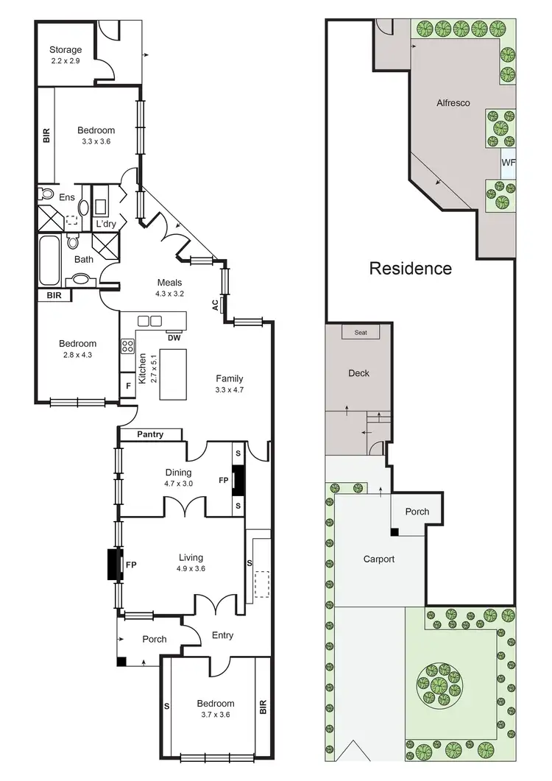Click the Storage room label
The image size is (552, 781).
click(66, 50)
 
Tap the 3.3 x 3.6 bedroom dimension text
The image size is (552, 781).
click(96, 142)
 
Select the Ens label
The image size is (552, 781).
click(67, 197)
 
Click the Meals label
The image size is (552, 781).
click(169, 283)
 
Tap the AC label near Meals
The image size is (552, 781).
click(216, 305)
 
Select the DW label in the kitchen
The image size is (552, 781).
click(174, 338)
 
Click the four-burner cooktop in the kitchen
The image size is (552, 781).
click(127, 346)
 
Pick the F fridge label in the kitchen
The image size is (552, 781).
click(128, 385)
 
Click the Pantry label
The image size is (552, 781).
click(150, 435)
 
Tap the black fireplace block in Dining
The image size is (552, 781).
click(238, 479)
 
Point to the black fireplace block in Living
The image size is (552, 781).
click(113, 565)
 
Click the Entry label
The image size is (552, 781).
click(222, 635)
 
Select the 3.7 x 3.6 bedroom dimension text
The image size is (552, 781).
click(216, 714)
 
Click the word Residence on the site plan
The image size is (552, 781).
click(410, 269)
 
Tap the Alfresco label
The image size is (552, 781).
click(453, 103)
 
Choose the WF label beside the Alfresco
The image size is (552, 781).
click(508, 163)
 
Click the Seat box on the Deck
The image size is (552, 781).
click(361, 333)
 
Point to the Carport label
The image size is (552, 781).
click(378, 559)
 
